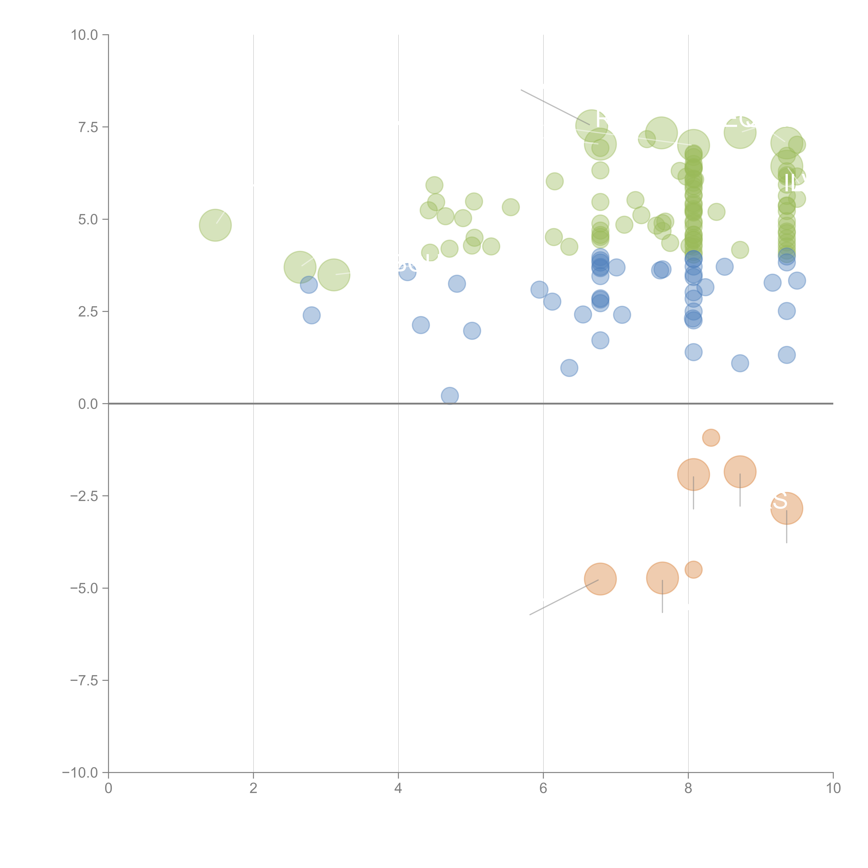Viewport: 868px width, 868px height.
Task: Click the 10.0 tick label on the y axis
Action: tap(85, 35)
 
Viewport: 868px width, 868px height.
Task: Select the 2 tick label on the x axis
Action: tap(253, 788)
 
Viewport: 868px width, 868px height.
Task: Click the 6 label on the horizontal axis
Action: tap(543, 788)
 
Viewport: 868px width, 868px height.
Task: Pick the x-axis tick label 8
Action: tap(688, 788)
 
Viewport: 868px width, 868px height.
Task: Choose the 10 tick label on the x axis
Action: tap(833, 788)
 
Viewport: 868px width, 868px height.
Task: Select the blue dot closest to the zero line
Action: tap(450, 396)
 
